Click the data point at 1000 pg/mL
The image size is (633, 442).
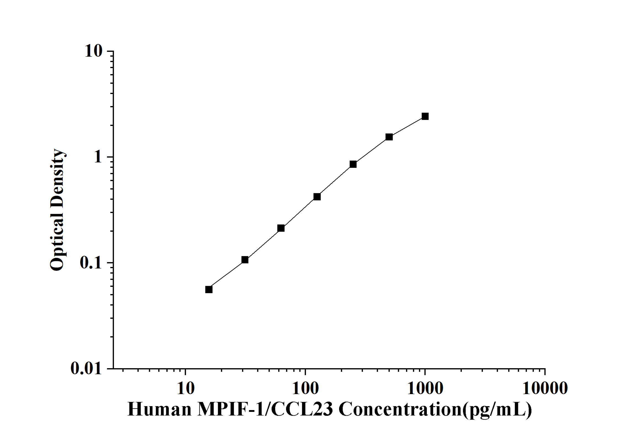point(425,116)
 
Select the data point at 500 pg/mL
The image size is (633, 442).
point(389,137)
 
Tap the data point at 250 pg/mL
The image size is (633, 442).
point(353,164)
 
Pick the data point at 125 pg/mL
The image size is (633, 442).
point(317,197)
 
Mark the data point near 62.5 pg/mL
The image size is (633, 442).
point(281,228)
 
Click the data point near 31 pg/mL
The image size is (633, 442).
point(245,260)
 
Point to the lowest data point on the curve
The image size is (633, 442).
point(209,290)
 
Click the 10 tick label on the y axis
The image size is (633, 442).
point(93,51)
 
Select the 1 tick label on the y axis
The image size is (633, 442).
point(98,157)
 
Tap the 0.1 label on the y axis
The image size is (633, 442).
point(91,263)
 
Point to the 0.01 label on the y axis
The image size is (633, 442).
point(86,368)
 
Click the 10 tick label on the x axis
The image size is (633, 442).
point(186,389)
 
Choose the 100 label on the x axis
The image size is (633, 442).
point(305,389)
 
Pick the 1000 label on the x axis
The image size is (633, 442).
point(425,389)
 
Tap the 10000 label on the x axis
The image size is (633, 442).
point(545,389)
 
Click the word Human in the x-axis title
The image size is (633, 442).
point(159,410)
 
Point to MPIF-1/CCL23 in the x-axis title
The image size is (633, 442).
point(265,410)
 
